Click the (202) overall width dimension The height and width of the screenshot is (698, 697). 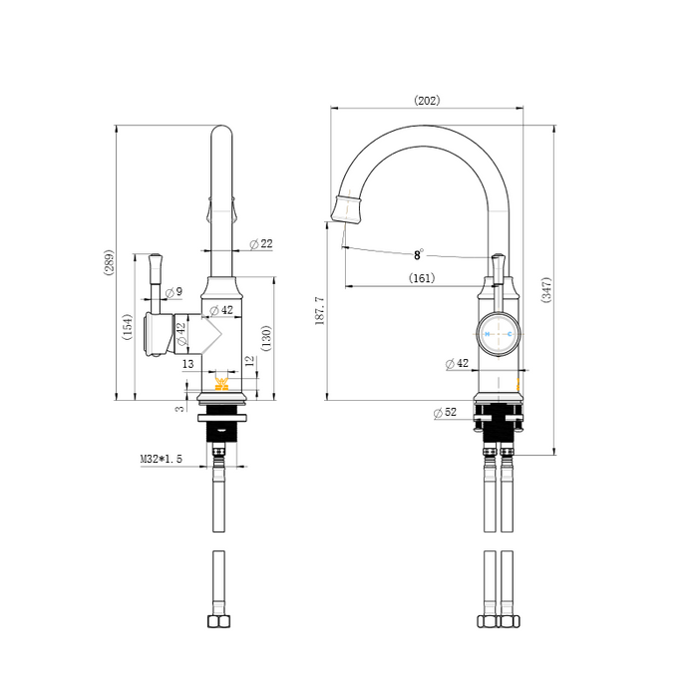(x=427, y=100)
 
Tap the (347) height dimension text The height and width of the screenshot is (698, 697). (x=546, y=290)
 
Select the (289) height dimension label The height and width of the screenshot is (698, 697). (x=109, y=262)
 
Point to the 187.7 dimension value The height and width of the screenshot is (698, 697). (x=320, y=311)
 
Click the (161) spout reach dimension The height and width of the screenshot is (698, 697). (x=422, y=278)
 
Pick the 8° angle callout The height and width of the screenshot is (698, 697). (x=419, y=254)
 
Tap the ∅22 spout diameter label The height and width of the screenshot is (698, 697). (x=261, y=244)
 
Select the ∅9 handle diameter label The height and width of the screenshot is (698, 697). (x=174, y=292)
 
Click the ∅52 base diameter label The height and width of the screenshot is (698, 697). (x=445, y=412)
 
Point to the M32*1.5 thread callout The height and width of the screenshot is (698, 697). (x=162, y=459)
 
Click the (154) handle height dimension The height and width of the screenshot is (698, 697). (x=128, y=327)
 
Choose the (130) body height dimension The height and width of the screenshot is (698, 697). (x=266, y=338)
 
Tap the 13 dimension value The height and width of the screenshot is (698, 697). (x=188, y=364)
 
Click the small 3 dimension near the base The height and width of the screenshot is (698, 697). (x=179, y=409)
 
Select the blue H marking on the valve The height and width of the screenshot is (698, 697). (x=488, y=334)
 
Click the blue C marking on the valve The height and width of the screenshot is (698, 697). (x=510, y=334)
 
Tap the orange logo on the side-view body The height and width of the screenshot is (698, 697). (x=221, y=384)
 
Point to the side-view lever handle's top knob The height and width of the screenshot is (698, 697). (x=156, y=258)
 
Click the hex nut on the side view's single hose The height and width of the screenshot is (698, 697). (x=219, y=621)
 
